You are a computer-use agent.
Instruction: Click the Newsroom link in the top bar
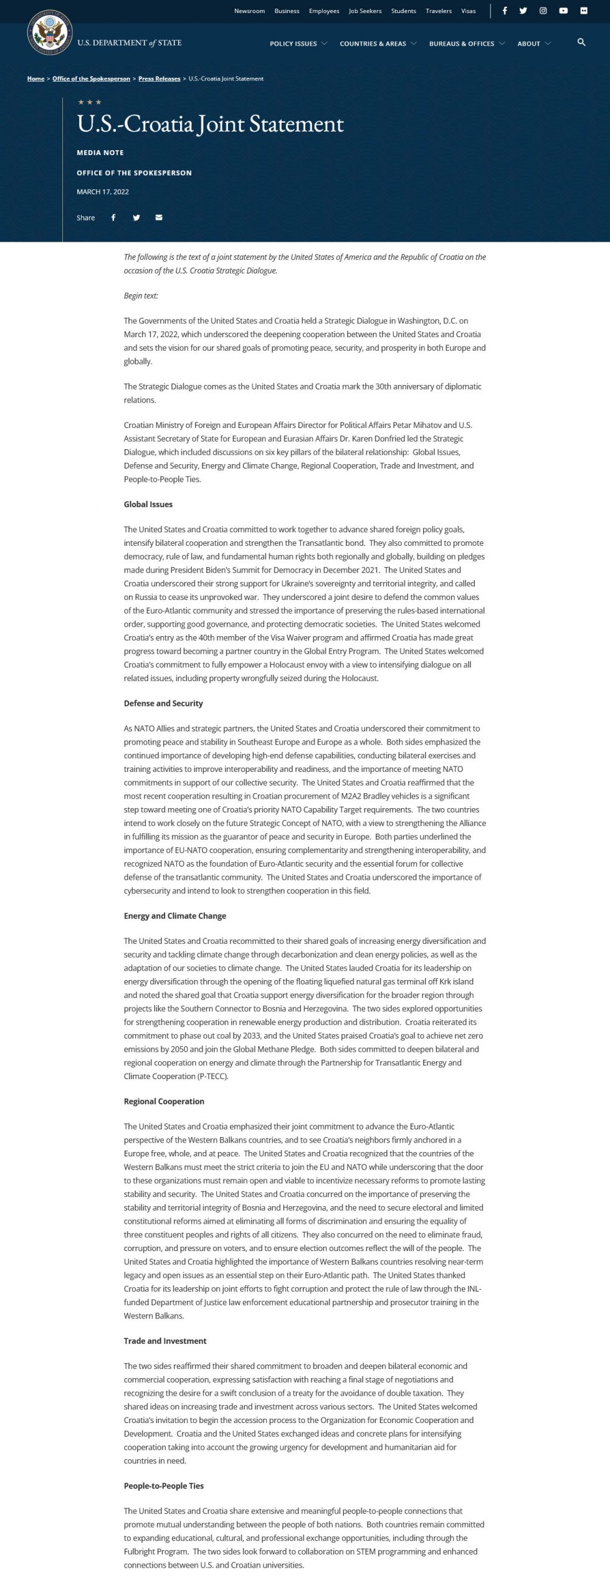(x=249, y=11)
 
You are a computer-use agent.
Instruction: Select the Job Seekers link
(x=365, y=11)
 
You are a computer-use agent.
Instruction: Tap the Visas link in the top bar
(x=468, y=11)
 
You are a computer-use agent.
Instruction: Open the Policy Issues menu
(x=298, y=44)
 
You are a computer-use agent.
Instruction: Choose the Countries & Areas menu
(x=378, y=44)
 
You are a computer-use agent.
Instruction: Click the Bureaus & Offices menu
(x=467, y=44)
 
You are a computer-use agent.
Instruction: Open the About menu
(x=533, y=44)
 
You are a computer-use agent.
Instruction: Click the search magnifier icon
(x=581, y=42)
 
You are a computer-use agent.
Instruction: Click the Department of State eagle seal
(x=50, y=32)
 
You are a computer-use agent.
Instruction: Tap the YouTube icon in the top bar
(x=563, y=11)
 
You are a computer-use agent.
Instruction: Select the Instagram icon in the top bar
(x=543, y=11)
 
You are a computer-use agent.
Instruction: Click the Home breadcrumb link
(x=36, y=79)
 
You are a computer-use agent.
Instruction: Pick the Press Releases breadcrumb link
(x=159, y=79)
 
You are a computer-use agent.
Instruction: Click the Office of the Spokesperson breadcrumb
(x=91, y=79)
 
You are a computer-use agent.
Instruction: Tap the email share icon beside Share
(x=159, y=217)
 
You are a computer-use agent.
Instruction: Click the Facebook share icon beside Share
(x=113, y=217)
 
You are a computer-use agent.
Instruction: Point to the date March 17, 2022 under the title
(x=103, y=192)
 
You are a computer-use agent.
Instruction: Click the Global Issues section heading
(x=148, y=505)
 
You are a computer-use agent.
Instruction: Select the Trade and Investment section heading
(x=165, y=1341)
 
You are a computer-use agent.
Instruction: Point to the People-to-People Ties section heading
(x=164, y=1486)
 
